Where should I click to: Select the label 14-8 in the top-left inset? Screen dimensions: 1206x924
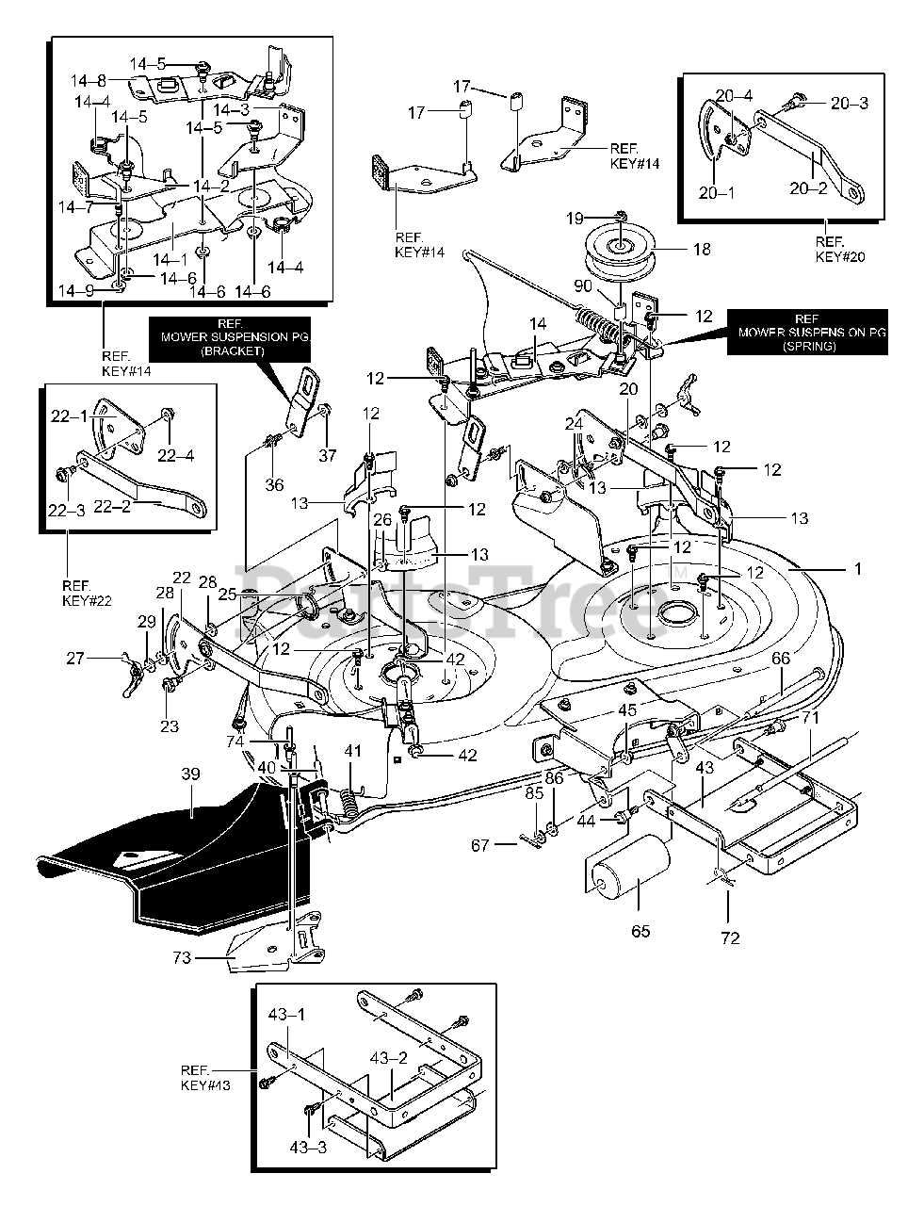[x=91, y=81]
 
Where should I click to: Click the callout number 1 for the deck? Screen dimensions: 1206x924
[x=857, y=569]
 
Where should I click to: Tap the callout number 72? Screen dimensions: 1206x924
[x=730, y=937]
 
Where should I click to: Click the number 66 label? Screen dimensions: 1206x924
[x=781, y=660]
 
